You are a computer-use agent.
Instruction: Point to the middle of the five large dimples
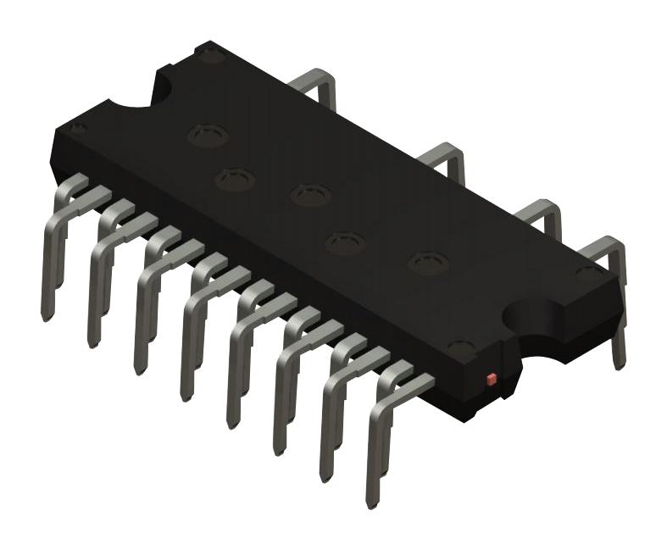308,195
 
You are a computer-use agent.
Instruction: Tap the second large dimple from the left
235,179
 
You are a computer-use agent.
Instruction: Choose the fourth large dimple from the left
346,243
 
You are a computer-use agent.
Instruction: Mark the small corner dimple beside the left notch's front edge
78,129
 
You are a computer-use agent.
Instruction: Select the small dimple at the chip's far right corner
585,273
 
